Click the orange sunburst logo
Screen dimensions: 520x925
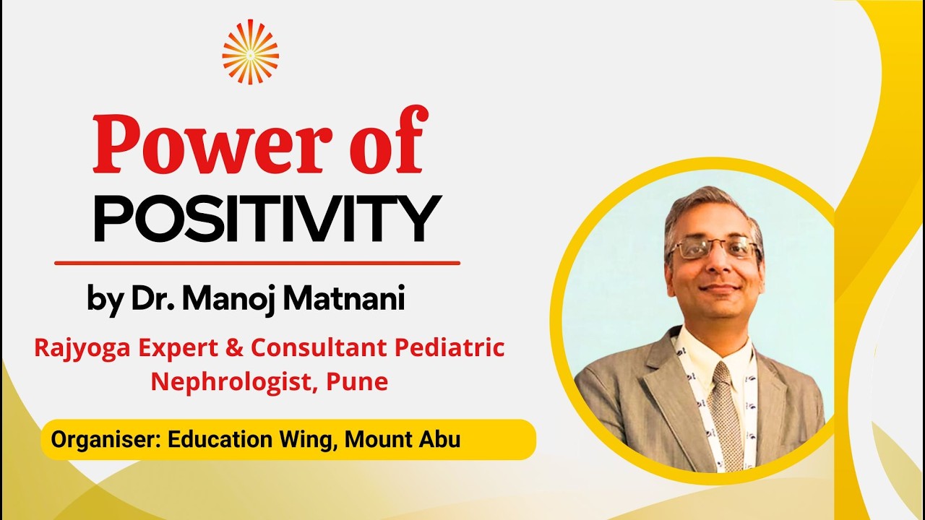[x=250, y=51]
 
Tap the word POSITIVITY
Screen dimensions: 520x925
[x=267, y=218]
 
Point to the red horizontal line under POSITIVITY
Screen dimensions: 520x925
[x=257, y=263]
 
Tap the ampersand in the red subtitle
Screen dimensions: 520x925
[x=236, y=348]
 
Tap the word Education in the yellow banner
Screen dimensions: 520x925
[x=218, y=439]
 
